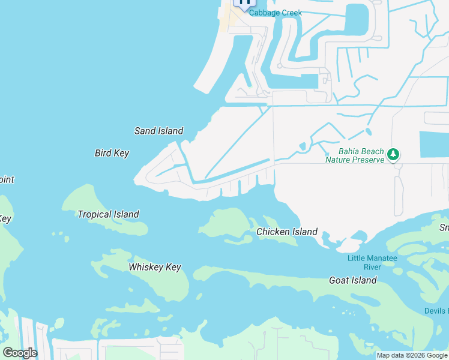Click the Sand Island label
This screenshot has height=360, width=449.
(158, 131)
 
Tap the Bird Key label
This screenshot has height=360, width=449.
(112, 153)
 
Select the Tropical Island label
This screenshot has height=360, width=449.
(108, 214)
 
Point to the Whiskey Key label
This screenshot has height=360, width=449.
(155, 268)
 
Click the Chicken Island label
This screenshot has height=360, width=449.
(287, 232)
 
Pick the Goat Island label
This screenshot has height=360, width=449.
(353, 280)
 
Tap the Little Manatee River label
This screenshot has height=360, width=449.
(364, 262)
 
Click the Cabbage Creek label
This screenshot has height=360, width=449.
(276, 13)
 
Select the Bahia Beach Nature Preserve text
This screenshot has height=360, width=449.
(354, 155)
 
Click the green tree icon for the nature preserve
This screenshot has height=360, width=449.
(393, 155)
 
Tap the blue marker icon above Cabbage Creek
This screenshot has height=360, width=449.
(244, 2)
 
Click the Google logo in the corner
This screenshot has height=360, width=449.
(20, 353)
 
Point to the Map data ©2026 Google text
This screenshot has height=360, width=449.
(412, 355)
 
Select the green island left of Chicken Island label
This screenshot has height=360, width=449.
(225, 223)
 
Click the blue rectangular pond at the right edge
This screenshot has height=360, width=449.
(434, 144)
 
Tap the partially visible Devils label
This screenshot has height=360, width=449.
(436, 311)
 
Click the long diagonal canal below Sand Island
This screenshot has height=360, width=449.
(234, 144)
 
